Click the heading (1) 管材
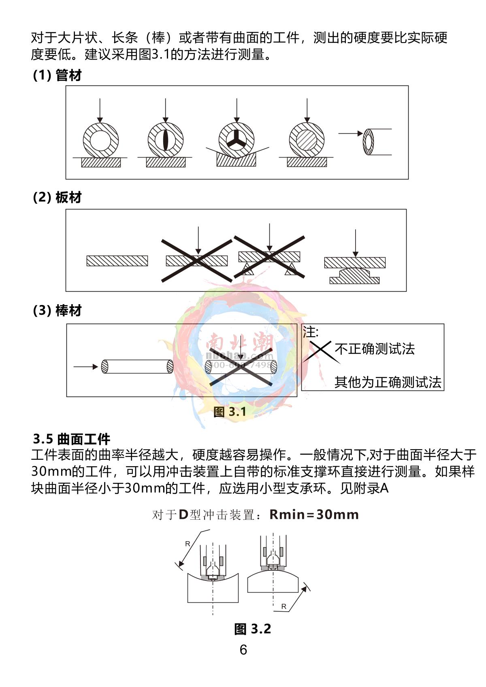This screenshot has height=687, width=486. coord(57,75)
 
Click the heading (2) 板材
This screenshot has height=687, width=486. coord(57,198)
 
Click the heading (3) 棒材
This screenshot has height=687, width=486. coord(57,311)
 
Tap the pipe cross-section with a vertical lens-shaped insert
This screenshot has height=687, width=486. coord(165,140)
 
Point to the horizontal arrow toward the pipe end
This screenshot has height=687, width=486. coord(351,133)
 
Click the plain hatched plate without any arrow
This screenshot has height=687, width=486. coord(117,261)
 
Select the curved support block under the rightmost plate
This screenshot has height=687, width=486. coord(354,276)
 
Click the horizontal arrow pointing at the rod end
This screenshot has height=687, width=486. coord(85,367)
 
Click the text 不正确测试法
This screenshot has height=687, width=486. coord(375,349)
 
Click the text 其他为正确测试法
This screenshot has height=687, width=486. coord(388,382)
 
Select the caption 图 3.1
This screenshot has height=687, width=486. coord(230,412)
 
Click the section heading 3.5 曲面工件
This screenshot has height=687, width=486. coord(72,439)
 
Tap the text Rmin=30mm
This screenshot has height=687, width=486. coord(314,515)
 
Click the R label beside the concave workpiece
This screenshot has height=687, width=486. coord(188,544)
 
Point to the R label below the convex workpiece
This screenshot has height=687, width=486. coord(283,606)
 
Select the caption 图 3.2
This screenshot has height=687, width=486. coord(252,629)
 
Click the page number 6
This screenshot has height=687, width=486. coord(243,650)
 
